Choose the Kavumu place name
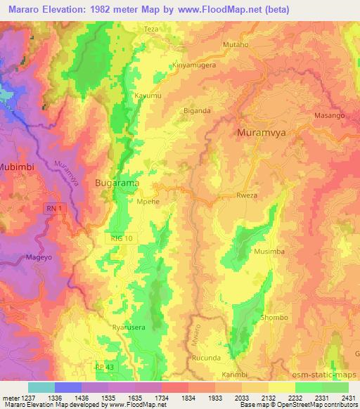(147, 93)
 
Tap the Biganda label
(197, 110)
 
